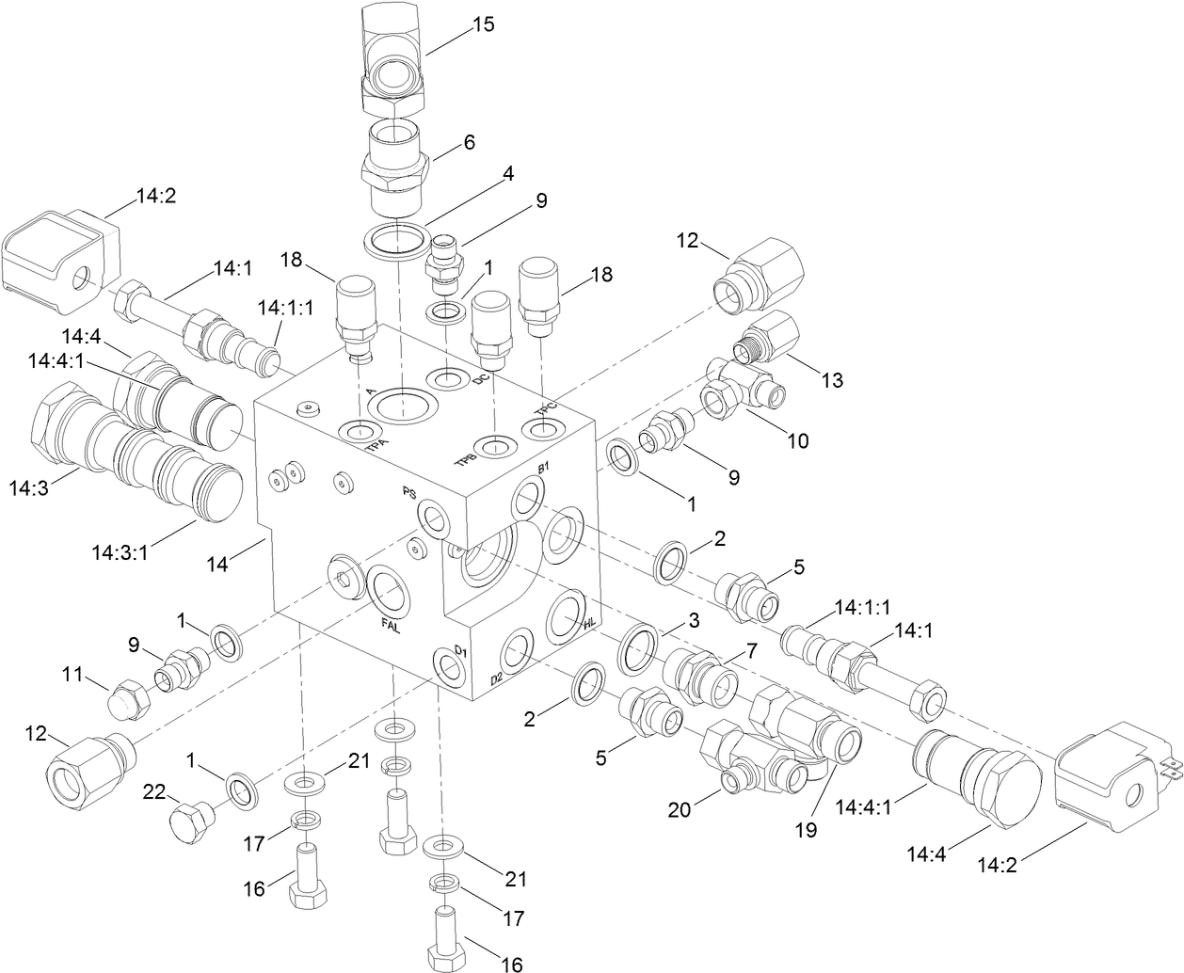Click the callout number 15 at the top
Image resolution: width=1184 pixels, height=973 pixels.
coord(483,24)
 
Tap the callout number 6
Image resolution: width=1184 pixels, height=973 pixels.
coord(469,143)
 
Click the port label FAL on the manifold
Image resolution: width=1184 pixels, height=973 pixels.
coord(389,623)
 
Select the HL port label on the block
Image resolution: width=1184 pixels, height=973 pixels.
coord(590,624)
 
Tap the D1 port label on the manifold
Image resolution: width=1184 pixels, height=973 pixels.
coord(460,651)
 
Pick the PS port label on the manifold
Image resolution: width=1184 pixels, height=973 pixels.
coord(409,493)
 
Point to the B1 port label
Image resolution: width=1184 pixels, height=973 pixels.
coord(543,469)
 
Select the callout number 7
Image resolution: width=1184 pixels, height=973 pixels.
coord(751,650)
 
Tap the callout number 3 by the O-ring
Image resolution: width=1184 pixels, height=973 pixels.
coord(693,620)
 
